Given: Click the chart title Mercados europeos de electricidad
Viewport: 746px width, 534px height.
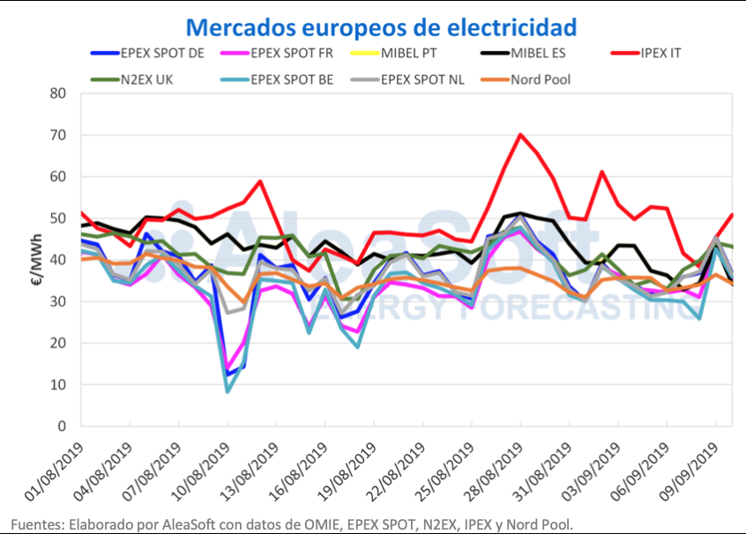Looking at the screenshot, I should [382, 26].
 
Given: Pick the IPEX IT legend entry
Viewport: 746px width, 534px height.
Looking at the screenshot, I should [659, 53].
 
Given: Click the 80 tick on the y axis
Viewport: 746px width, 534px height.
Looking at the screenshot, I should [59, 93].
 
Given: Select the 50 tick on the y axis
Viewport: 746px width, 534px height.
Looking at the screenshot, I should [59, 218].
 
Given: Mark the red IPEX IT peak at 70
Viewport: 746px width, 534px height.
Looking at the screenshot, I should [520, 134].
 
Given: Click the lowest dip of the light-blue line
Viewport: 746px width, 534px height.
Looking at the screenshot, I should [228, 391].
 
